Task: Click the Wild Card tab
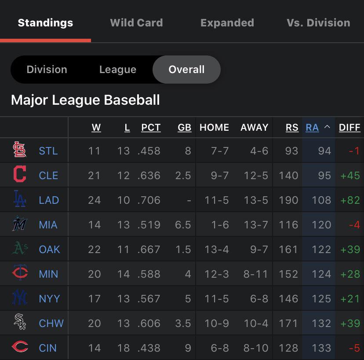point(136,23)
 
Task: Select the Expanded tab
point(227,23)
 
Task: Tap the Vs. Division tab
point(318,23)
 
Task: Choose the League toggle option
point(117,70)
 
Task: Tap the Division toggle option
point(47,70)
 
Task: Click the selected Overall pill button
point(186,70)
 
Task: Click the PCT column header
point(151,128)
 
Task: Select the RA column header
point(312,128)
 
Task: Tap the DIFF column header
point(349,128)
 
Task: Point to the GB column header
point(184,128)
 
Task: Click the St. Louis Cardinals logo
point(19,151)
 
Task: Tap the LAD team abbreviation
point(49,200)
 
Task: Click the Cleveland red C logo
point(19,175)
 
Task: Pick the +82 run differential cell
point(350,200)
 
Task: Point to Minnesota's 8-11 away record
point(256,274)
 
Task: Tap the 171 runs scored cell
point(288,323)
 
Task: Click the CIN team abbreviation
point(47,348)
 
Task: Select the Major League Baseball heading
point(85,100)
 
